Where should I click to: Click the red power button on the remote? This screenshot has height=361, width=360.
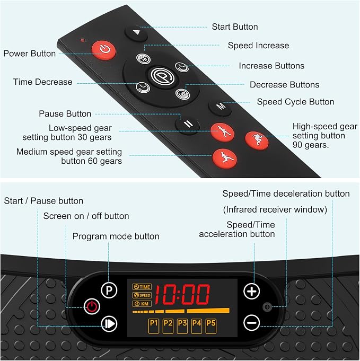(103, 50)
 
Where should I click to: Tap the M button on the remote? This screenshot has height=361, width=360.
(220, 107)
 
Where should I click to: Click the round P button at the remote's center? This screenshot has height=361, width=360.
(163, 76)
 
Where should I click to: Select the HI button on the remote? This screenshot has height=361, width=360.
(144, 58)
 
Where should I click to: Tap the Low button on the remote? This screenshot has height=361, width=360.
(182, 94)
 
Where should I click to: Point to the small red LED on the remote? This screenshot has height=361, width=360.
(83, 40)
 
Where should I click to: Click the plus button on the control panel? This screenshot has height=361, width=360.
(251, 291)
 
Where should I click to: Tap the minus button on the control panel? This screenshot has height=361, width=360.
(251, 323)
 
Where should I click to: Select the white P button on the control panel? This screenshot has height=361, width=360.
(109, 290)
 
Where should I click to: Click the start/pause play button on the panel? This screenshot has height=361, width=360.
(109, 324)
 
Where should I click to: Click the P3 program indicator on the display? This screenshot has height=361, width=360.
(182, 326)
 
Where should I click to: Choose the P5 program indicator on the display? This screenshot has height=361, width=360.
(210, 326)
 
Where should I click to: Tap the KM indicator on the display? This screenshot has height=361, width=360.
(142, 304)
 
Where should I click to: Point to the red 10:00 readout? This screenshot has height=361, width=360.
(182, 294)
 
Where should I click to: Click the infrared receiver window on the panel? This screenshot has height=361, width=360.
(267, 307)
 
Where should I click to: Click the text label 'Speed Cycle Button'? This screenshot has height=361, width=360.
(295, 102)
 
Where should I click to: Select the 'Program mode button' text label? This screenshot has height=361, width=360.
(116, 236)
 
